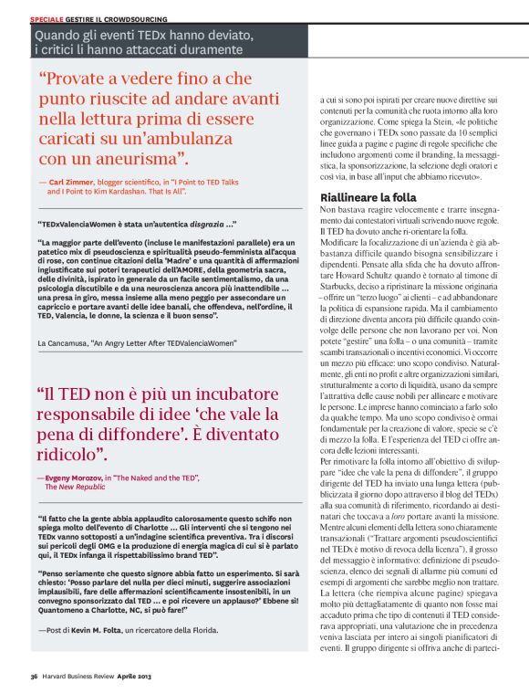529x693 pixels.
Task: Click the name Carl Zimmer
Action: coord(70,183)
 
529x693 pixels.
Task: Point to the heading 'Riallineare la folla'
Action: coord(368,197)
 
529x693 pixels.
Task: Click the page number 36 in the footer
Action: coord(32,677)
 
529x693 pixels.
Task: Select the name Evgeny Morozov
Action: coord(72,478)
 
